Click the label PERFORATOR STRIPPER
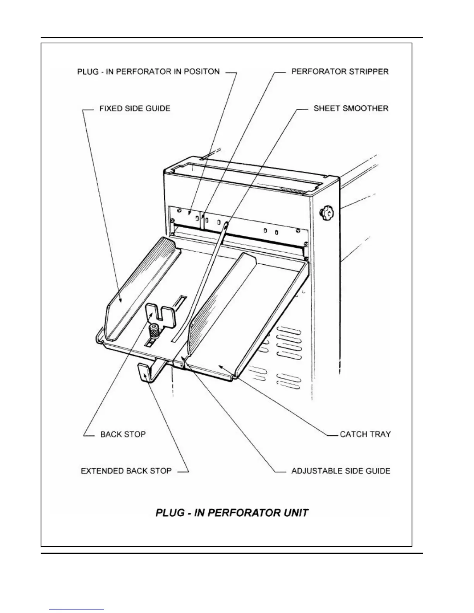click(x=340, y=72)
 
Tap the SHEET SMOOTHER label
click(x=350, y=108)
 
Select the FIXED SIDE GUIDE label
click(x=135, y=108)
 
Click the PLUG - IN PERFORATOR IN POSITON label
click(x=148, y=72)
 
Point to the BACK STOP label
click(x=123, y=434)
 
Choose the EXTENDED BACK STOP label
click(x=126, y=471)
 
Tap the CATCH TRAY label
click(x=365, y=434)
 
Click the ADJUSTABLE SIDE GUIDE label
click(x=341, y=471)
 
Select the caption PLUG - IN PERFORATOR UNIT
click(x=232, y=513)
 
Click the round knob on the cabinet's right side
click(x=325, y=212)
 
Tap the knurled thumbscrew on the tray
click(x=154, y=331)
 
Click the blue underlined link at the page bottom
click(x=77, y=610)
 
